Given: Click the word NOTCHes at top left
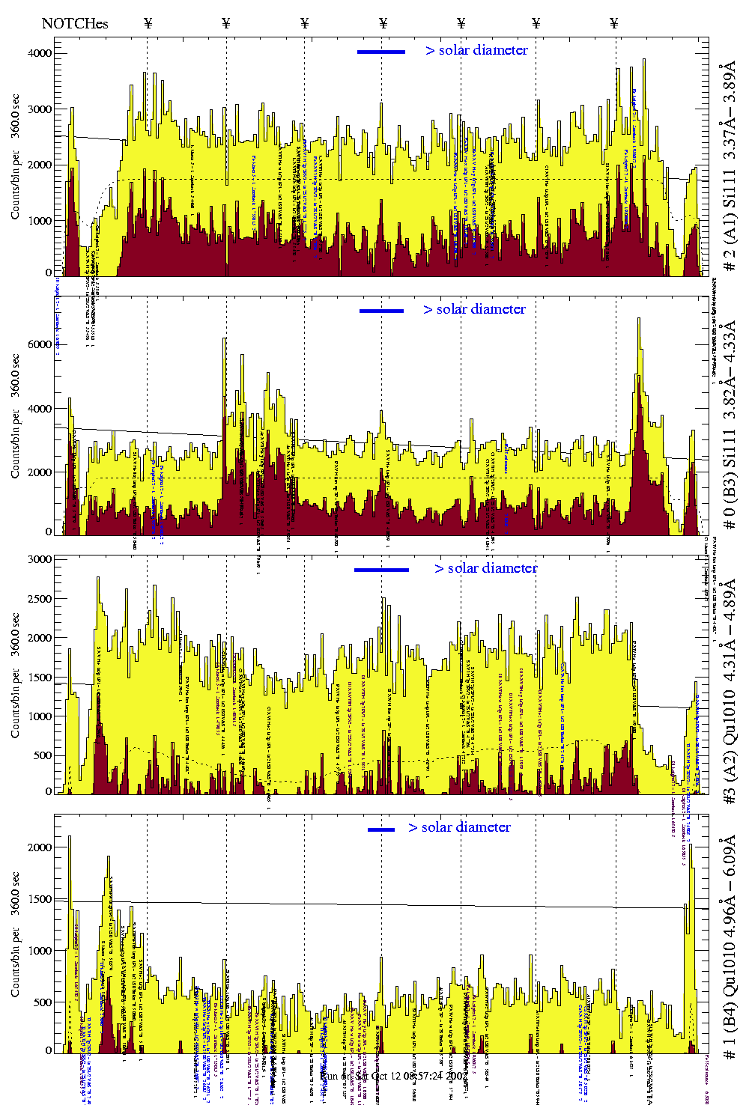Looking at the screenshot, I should point(75,23).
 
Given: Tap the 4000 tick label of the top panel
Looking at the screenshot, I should point(40,53).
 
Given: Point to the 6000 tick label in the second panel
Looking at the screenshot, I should point(40,344).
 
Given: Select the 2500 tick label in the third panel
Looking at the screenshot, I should point(40,598).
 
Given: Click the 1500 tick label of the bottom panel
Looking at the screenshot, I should point(40,898).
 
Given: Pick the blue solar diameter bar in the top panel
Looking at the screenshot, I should point(381,52).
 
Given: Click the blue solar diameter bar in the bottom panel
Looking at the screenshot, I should point(381,829).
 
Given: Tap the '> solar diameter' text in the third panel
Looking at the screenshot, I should point(485,568).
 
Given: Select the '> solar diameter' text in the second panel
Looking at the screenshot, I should point(474,309).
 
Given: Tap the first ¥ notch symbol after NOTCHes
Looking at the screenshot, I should point(148,23).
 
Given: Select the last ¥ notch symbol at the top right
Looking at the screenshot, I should point(614,23).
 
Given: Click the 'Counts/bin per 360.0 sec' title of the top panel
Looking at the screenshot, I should point(16,156).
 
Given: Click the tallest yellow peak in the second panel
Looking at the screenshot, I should point(639,319).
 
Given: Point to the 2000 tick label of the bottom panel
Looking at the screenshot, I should point(40,847).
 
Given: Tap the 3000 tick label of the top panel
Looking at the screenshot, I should point(40,109).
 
